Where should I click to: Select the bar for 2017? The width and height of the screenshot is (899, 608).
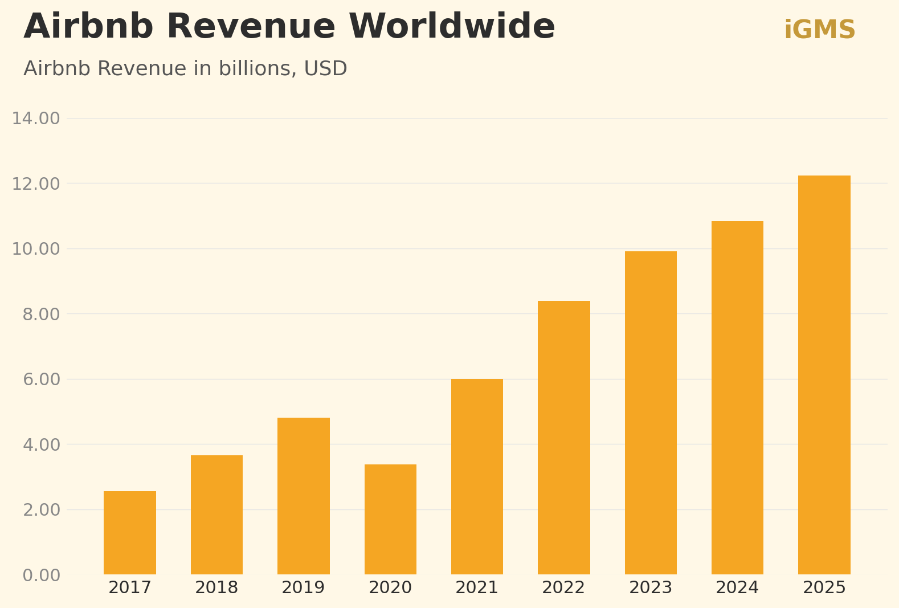130,533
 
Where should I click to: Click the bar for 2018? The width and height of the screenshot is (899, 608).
216,515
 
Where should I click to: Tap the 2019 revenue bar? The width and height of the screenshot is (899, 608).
304,496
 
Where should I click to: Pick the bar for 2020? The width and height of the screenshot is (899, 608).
390,519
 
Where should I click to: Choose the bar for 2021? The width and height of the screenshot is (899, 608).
477,476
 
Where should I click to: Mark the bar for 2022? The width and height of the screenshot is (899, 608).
564,438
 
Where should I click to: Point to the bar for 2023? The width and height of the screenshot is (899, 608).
651,413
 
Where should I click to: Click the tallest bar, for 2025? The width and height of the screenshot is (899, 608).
824,375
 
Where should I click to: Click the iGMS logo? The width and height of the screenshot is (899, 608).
820,30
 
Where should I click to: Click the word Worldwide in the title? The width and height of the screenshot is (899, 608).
452,27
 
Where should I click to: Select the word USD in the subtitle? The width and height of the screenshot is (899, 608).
325,69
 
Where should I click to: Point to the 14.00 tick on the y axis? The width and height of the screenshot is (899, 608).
36,119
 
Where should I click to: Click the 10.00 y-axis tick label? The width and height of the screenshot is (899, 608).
36,249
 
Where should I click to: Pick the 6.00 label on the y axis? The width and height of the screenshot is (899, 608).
41,380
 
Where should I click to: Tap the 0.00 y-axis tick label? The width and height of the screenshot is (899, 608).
41,576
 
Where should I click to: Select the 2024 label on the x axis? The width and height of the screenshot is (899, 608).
737,588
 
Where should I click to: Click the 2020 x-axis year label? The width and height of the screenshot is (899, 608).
390,588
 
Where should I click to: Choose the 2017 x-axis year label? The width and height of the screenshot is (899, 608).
130,588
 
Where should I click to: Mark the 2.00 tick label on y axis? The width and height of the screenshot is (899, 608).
41,510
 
